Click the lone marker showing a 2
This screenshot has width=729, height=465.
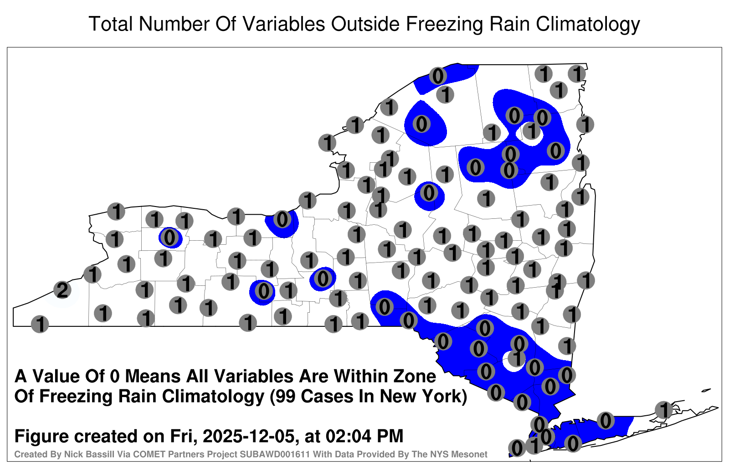tap(62, 290)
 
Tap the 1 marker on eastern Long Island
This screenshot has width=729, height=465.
tap(663, 410)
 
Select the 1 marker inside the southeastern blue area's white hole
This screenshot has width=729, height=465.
tap(517, 358)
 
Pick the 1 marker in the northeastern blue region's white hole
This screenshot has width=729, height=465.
tap(531, 131)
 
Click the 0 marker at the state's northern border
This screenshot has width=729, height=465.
tap(438, 76)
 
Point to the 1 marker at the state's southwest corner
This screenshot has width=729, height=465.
tap(40, 324)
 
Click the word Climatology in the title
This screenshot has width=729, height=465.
tap(588, 24)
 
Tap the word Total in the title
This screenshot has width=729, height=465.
tap(111, 24)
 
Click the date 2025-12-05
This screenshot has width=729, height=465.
tap(249, 436)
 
